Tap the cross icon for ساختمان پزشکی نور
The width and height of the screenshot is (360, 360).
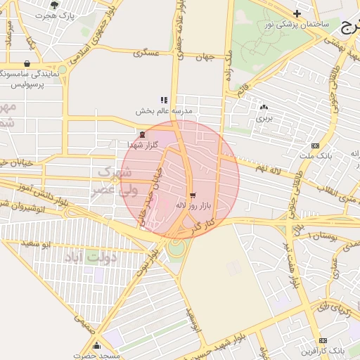coord(297,13)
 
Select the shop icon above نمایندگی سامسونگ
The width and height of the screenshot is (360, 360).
coord(27,63)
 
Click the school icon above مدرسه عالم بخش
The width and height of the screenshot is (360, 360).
coord(164,101)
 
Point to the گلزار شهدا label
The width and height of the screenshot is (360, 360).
coord(143,145)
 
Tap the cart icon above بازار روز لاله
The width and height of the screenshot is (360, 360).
coord(193,195)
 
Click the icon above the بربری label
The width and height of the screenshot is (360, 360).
coord(264,108)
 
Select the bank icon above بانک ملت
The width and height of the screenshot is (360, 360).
coord(314,145)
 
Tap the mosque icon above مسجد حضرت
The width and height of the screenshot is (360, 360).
coord(97,345)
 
